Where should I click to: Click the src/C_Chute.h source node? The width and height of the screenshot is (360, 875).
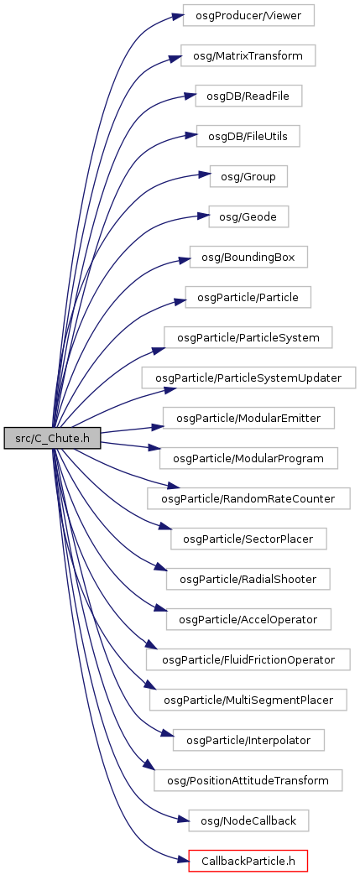coord(53,439)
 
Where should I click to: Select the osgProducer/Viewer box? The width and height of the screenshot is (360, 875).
coord(248,15)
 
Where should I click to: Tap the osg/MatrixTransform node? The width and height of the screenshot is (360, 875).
coord(248,55)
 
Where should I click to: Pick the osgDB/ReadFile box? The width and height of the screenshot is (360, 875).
coord(248,96)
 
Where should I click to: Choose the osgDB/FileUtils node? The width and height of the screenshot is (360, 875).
coord(248,136)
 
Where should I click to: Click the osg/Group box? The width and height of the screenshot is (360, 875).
coord(248,176)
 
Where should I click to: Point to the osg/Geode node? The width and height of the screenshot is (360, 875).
coord(248,216)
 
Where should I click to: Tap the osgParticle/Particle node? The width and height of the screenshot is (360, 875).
coord(248,298)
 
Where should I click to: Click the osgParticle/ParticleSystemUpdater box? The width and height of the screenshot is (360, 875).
coord(248,378)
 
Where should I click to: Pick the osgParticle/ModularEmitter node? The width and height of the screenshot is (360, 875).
coord(248,418)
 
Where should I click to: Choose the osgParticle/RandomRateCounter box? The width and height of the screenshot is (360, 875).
coord(248,498)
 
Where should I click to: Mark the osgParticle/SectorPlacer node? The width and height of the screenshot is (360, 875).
coord(248,539)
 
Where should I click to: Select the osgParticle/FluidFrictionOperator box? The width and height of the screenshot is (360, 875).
coord(248,659)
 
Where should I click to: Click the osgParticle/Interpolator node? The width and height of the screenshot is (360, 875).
coord(248,740)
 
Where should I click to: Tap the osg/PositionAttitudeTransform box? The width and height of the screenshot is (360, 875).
coord(248,780)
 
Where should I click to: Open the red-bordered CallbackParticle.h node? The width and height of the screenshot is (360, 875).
coord(248,861)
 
